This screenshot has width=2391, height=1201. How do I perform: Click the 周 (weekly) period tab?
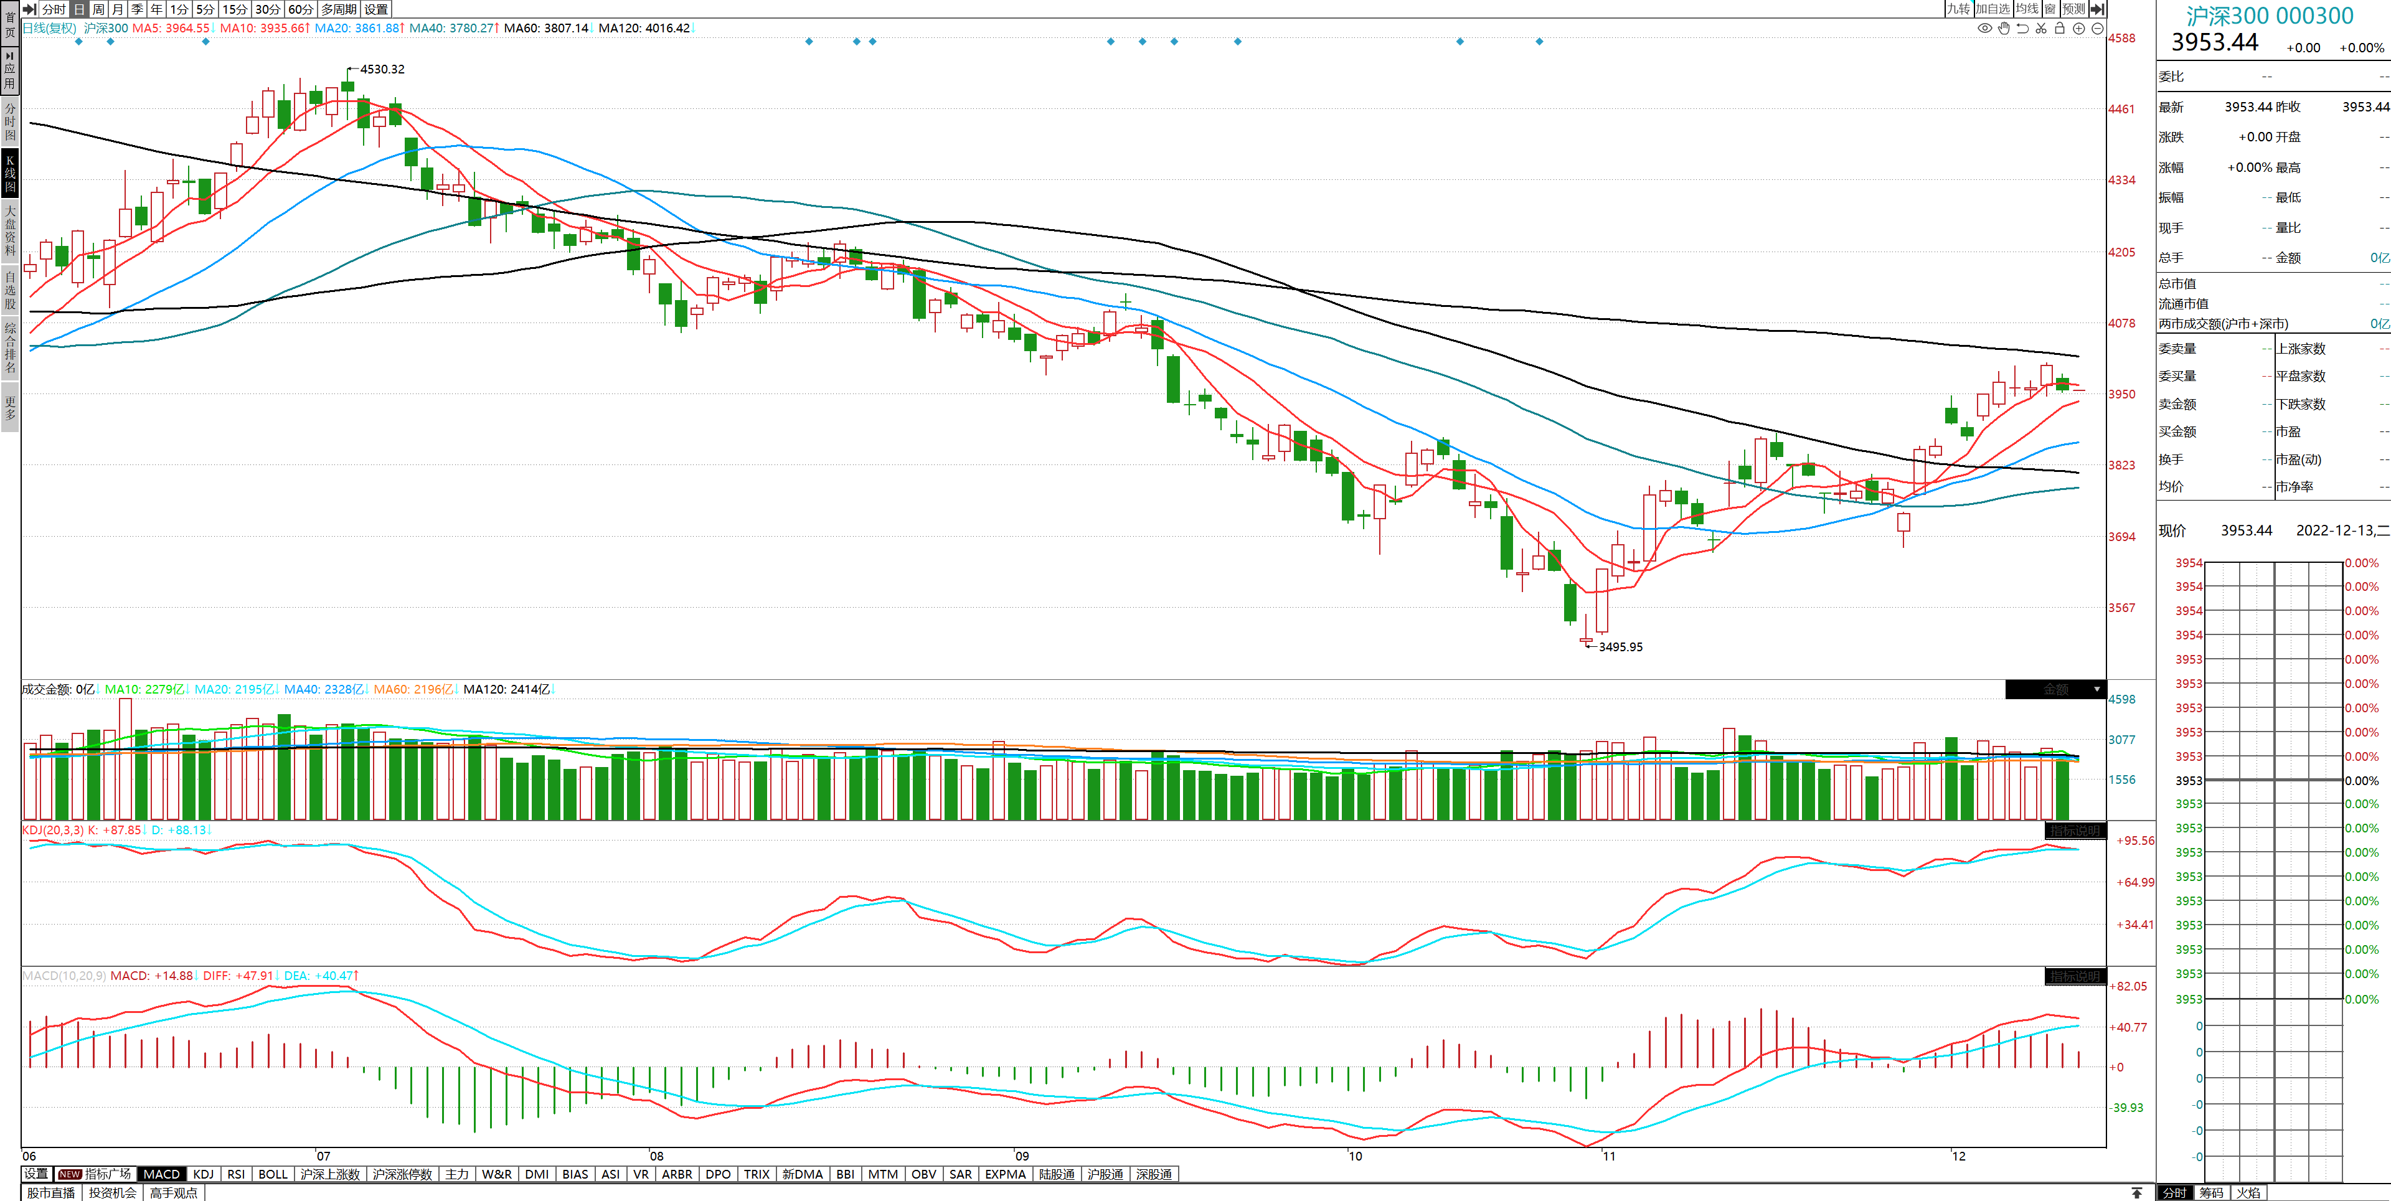click(x=98, y=9)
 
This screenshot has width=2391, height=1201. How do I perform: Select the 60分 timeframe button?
click(x=299, y=9)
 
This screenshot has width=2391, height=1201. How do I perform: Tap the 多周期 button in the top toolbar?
click(x=339, y=9)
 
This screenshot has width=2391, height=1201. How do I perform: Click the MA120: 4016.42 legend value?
click(x=644, y=28)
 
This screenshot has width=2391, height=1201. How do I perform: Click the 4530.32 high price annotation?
click(x=382, y=70)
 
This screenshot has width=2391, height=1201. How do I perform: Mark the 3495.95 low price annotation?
click(x=1620, y=647)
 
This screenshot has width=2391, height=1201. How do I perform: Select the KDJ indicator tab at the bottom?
click(x=203, y=1174)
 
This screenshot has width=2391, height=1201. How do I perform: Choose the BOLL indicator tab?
click(x=273, y=1174)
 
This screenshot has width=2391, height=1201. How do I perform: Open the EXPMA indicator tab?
click(x=1004, y=1174)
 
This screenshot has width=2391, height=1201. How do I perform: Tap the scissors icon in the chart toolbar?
click(x=2041, y=29)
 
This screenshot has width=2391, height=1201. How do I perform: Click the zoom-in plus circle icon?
click(x=2079, y=29)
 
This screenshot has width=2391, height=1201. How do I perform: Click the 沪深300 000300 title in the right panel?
click(x=2270, y=16)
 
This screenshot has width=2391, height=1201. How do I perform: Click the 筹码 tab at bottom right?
click(x=2211, y=1193)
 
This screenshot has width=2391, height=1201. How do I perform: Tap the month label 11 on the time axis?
click(x=1608, y=1156)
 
